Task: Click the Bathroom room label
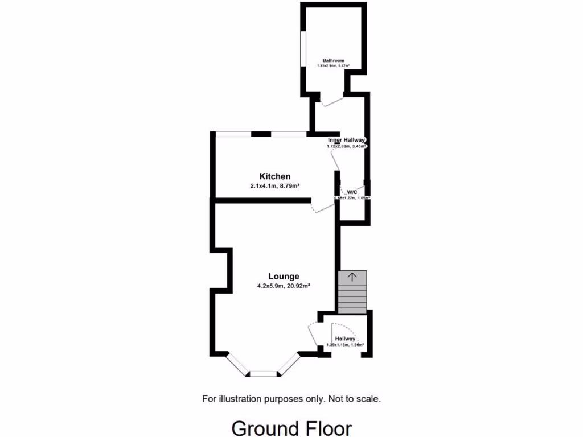(x=333, y=60)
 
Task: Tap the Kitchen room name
(x=275, y=176)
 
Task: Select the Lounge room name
(x=284, y=277)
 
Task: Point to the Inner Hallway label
(x=346, y=139)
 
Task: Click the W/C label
(x=352, y=192)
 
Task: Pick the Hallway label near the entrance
(x=345, y=339)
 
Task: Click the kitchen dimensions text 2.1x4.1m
(x=262, y=185)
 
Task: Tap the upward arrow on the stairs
(x=352, y=277)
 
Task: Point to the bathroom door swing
(x=330, y=100)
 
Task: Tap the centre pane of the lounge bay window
(x=263, y=374)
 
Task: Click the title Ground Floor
(x=291, y=427)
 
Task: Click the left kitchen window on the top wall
(x=233, y=134)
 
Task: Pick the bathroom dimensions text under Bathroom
(x=333, y=66)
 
